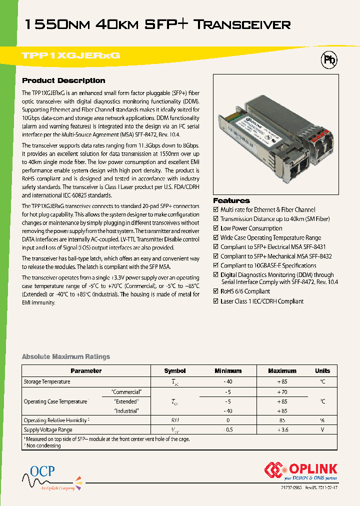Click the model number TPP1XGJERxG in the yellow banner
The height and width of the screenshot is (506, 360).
point(71,56)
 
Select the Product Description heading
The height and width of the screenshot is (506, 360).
point(63,80)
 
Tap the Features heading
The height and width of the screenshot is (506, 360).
point(231,200)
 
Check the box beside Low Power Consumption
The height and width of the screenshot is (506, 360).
point(216,228)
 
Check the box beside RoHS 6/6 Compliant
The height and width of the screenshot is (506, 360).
point(216,291)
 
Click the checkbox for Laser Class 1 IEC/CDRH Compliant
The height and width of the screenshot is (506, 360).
point(216,301)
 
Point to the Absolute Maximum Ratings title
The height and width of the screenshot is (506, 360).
point(66,356)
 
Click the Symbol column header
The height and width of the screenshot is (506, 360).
point(175,371)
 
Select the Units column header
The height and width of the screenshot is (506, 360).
point(322,371)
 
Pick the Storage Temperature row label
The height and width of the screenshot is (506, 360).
point(47,382)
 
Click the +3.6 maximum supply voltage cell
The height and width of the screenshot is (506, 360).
point(282,430)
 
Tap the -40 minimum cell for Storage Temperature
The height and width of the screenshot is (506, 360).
point(228,382)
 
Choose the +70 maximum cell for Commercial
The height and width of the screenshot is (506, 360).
point(282,392)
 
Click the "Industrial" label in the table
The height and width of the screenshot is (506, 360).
point(126,410)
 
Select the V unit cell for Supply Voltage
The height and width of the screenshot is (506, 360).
point(322,430)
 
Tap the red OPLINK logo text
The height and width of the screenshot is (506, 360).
point(313,469)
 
